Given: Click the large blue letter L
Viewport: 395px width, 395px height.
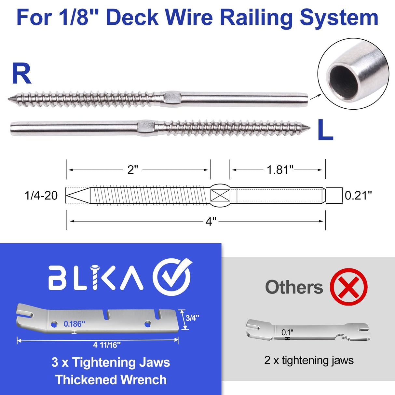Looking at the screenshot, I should tap(325, 130).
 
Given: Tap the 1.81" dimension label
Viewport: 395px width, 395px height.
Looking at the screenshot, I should tap(280, 170).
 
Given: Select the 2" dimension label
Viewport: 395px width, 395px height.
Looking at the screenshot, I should tap(132, 170).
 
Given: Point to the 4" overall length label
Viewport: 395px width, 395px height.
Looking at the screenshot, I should tap(211, 222).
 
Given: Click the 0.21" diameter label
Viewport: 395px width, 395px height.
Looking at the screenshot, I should tap(358, 195).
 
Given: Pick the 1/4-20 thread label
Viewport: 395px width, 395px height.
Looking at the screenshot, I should tap(41, 196).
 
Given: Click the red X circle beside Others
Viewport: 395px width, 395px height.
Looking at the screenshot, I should tap(348, 287).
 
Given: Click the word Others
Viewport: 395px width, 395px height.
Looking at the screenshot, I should tap(294, 287).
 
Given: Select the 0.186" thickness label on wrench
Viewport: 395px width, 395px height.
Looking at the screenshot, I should tap(75, 324).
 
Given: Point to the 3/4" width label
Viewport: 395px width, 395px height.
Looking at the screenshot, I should tap(192, 318).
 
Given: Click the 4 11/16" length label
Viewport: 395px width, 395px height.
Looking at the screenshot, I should tap(107, 345).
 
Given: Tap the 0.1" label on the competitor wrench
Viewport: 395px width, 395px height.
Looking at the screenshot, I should tap(287, 333).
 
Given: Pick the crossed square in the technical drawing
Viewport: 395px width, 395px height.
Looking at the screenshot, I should tap(220, 196).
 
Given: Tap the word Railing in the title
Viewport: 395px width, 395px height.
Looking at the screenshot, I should tap(258, 18).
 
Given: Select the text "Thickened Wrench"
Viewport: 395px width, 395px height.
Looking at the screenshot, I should tap(111, 380).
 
